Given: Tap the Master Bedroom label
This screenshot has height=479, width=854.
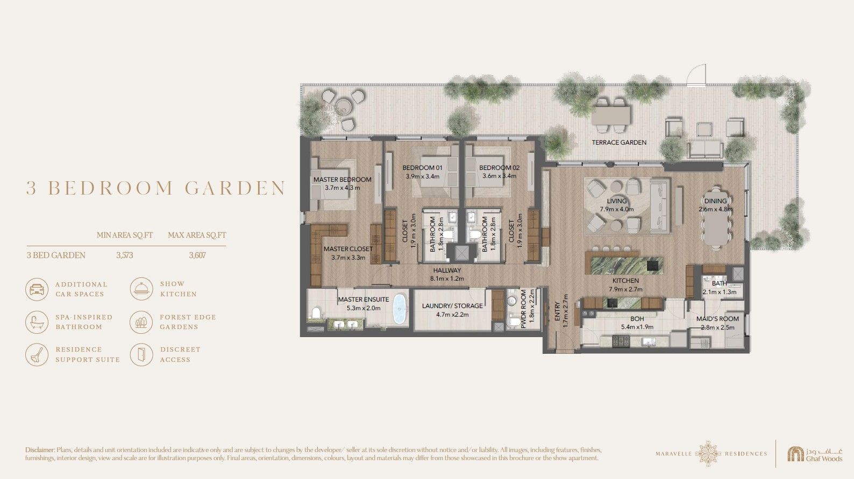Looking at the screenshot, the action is click(x=343, y=180).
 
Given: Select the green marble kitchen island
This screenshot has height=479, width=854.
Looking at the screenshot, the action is click(x=624, y=266).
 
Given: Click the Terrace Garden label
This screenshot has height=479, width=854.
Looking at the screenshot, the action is click(x=619, y=142).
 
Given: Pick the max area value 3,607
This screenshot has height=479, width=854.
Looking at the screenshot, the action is click(x=197, y=255).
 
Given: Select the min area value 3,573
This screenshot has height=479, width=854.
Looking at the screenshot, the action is click(x=125, y=255).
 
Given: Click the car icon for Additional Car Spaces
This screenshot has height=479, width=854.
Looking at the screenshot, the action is click(x=37, y=289).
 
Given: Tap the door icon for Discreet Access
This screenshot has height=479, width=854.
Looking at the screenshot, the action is click(x=141, y=354).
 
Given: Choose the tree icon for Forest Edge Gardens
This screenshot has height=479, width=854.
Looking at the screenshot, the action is click(x=141, y=322).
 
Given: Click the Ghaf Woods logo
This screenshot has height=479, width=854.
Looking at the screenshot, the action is click(x=815, y=454).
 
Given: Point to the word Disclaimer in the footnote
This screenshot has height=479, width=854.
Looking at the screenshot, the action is click(x=40, y=450).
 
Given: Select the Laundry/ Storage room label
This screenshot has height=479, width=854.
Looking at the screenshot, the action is click(x=452, y=305).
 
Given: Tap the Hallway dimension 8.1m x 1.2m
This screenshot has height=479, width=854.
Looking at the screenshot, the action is click(x=447, y=278).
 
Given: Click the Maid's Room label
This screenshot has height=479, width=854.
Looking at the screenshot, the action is click(x=717, y=319).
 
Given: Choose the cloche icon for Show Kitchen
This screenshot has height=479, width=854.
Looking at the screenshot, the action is click(x=141, y=289).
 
